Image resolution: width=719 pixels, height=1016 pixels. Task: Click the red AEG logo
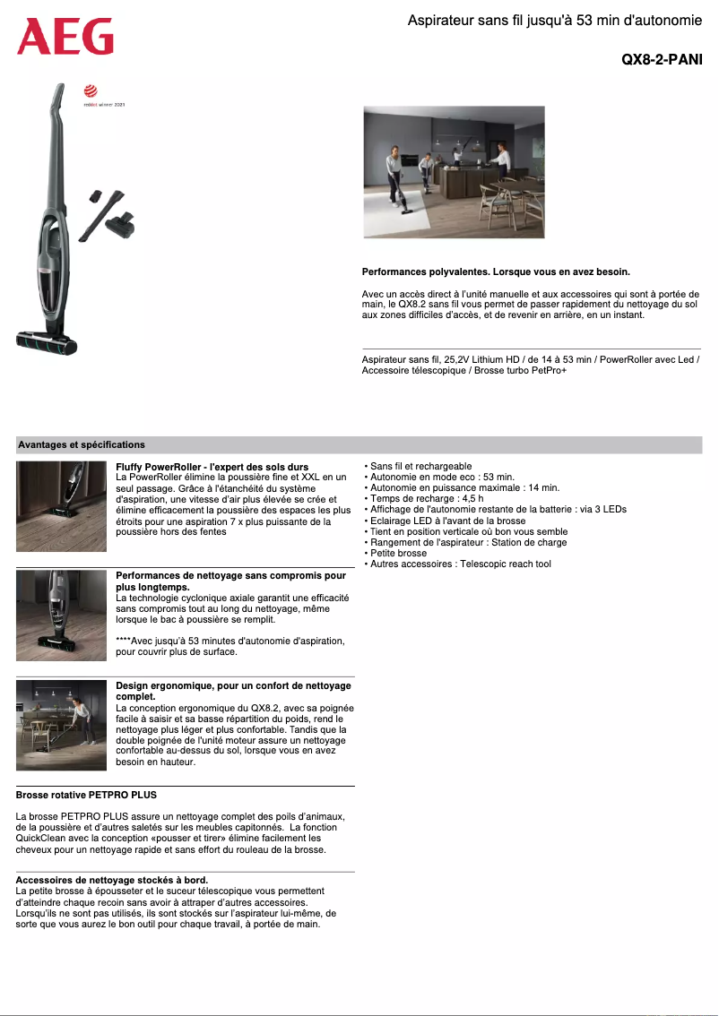pyautogui.click(x=65, y=38)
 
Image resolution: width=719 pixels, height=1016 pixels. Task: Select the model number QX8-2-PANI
pyautogui.click(x=662, y=60)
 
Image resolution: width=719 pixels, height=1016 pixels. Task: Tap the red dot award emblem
pyautogui.click(x=90, y=90)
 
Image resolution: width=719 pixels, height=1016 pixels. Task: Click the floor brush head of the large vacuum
pyautogui.click(x=47, y=340)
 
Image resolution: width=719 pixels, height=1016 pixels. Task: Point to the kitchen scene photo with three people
pyautogui.click(x=454, y=172)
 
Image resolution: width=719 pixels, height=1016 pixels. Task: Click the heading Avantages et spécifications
pyautogui.click(x=82, y=444)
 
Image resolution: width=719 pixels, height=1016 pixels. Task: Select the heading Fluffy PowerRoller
pyautogui.click(x=212, y=467)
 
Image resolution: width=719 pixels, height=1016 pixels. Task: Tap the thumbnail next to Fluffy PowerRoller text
pyautogui.click(x=61, y=506)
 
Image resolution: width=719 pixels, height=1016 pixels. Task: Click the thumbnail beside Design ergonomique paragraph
pyautogui.click(x=61, y=725)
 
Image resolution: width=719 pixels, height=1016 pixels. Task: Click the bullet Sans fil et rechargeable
pyautogui.click(x=420, y=467)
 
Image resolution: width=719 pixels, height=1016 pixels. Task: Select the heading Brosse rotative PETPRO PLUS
pyautogui.click(x=86, y=795)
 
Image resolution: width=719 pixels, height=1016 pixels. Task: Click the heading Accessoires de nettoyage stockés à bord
pyautogui.click(x=112, y=881)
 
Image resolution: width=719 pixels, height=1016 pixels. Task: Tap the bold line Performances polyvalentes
pyautogui.click(x=496, y=271)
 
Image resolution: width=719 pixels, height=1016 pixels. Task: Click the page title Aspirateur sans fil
pyautogui.click(x=554, y=20)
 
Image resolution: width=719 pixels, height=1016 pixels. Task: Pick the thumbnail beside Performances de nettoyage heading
pyautogui.click(x=61, y=616)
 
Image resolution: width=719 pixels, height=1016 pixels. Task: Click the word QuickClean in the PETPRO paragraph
pyautogui.click(x=43, y=838)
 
